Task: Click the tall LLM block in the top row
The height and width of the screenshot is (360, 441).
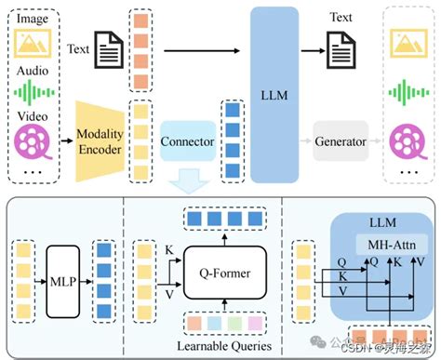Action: (x=274, y=93)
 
